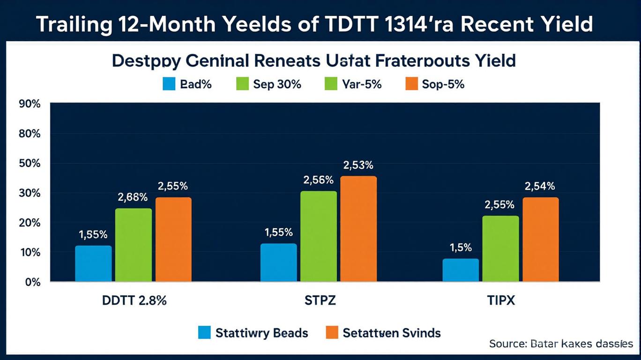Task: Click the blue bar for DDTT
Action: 93,263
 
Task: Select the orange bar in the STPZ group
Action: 358,229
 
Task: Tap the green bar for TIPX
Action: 500,248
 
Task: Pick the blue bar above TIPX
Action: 461,270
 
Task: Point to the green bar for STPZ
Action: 318,236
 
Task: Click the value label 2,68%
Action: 133,197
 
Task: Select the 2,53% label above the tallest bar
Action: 358,165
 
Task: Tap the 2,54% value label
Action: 540,186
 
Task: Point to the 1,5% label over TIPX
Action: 461,247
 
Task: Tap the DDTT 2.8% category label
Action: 134,300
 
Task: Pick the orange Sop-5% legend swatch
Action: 410,84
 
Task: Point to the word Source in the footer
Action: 507,344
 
